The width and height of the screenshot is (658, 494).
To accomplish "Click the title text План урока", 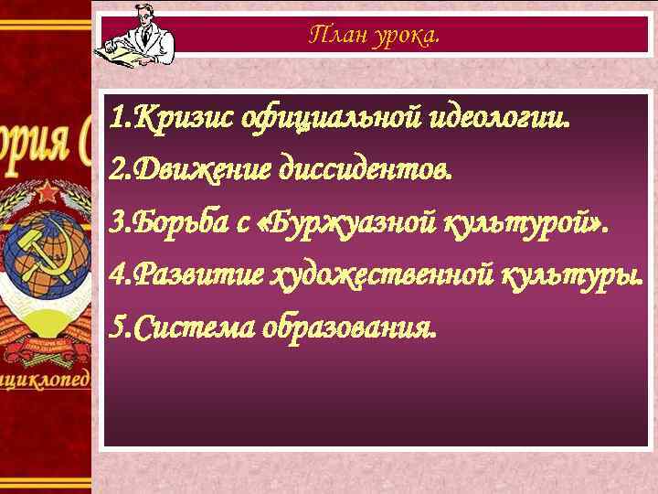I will (x=374, y=36).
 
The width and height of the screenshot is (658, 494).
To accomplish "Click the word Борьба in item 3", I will (x=184, y=222).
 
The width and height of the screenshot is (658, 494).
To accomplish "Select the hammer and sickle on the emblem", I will (x=37, y=261).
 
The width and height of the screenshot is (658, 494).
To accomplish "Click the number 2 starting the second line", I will (x=114, y=170).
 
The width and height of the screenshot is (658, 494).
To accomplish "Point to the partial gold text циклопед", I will (x=46, y=377).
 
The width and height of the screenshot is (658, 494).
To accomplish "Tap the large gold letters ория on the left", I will (x=37, y=146).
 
